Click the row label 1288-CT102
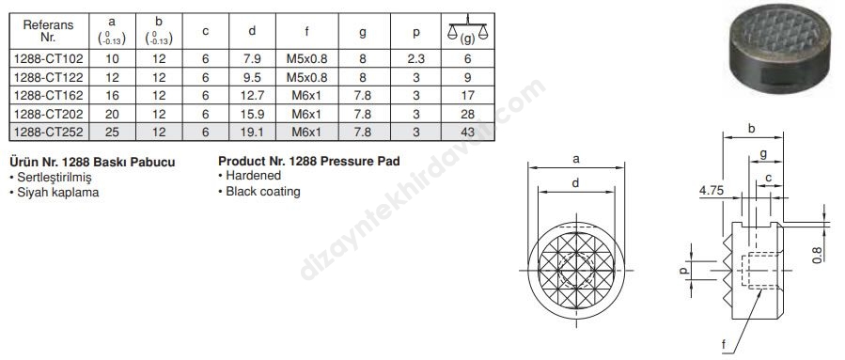coord(49,58)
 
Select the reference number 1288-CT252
coord(49,132)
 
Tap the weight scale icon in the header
coord(467,30)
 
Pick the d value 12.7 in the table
coord(252,95)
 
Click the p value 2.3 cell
coord(416,58)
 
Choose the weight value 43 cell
coord(468,132)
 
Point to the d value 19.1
coord(252,132)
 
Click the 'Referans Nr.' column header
coord(49,31)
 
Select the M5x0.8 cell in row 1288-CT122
coord(306,77)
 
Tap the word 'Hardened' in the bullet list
coord(253,176)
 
